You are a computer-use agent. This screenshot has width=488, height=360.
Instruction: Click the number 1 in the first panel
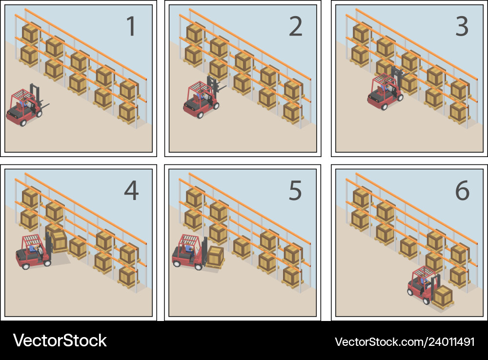point(130,27)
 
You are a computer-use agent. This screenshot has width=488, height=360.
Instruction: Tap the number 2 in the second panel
point(296,27)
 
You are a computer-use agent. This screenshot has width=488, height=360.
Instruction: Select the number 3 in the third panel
point(462,27)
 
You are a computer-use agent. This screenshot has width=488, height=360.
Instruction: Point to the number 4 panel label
point(131,191)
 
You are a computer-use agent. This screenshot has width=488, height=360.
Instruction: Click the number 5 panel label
point(296,191)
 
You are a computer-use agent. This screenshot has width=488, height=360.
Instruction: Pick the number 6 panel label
point(462,191)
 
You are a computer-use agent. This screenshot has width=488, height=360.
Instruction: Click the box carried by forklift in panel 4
point(59,240)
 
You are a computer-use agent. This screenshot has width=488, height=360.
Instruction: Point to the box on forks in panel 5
point(215,256)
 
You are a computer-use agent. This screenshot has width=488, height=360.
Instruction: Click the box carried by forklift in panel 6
point(443,296)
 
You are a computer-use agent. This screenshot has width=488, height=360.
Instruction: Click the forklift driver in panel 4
point(33,249)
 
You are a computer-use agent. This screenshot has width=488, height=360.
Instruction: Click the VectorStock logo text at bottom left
point(60,340)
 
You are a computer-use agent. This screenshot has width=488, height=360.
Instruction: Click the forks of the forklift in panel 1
point(45,105)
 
